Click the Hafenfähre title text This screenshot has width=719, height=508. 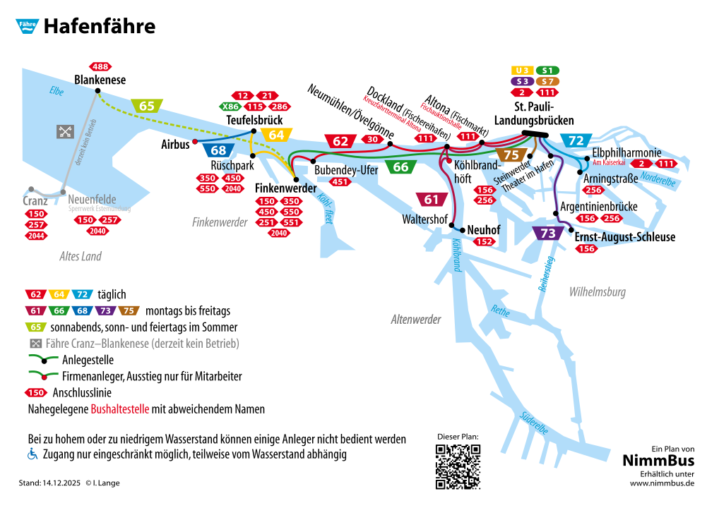(x=99, y=27)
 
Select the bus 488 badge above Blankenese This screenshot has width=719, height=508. (x=100, y=67)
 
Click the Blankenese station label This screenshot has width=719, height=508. (x=100, y=80)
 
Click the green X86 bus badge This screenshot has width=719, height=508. (x=230, y=107)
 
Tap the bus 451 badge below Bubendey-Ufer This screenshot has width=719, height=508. (x=340, y=182)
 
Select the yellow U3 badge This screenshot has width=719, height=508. (x=522, y=71)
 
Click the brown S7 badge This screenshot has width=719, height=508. (x=547, y=82)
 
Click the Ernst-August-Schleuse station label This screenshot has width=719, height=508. (x=625, y=237)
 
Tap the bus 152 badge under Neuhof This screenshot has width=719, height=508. (x=484, y=242)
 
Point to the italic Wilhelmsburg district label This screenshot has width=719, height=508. (x=597, y=292)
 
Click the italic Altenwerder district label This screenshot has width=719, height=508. (x=416, y=320)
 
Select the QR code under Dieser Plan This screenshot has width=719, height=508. (x=458, y=466)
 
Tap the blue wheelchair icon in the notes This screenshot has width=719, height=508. (x=32, y=454)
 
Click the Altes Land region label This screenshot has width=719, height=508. (x=81, y=256)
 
